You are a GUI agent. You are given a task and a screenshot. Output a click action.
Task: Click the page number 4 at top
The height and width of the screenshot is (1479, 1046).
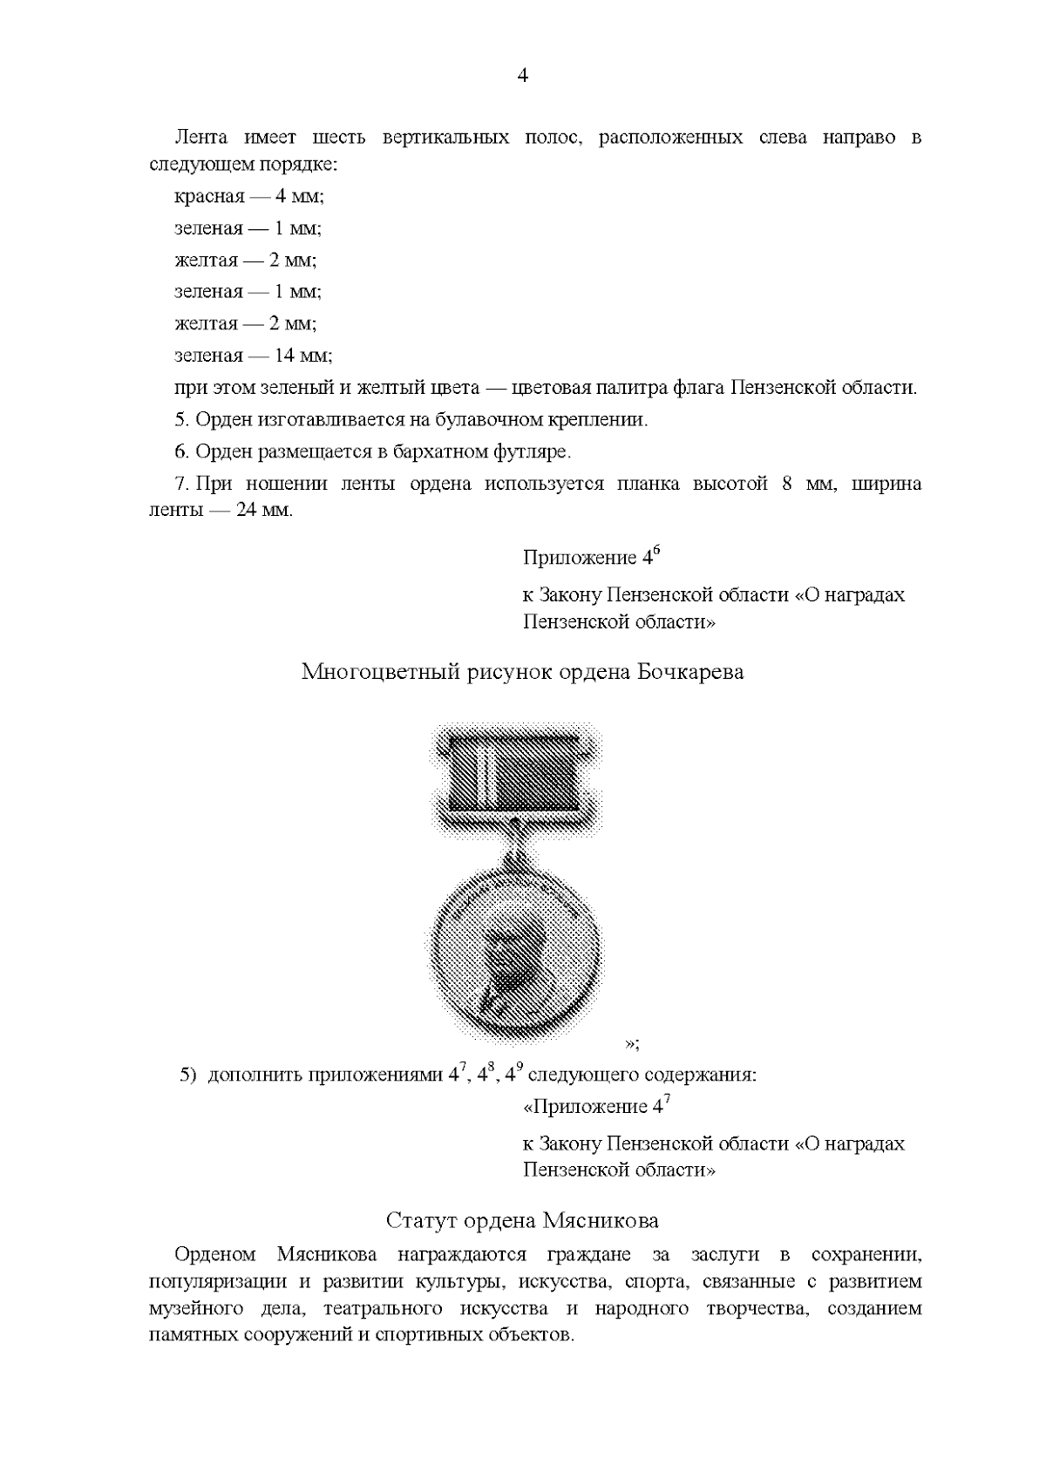pyautogui.click(x=522, y=76)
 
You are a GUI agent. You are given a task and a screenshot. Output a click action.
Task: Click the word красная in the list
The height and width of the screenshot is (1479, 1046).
pyautogui.click(x=209, y=197)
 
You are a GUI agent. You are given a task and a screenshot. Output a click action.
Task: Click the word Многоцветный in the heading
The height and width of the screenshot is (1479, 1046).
pyautogui.click(x=381, y=672)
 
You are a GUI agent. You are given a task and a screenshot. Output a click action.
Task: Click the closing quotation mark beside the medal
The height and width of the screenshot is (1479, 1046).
pyautogui.click(x=631, y=1043)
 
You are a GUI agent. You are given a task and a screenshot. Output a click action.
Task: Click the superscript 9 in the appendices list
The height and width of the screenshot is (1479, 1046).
pyautogui.click(x=520, y=1069)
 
